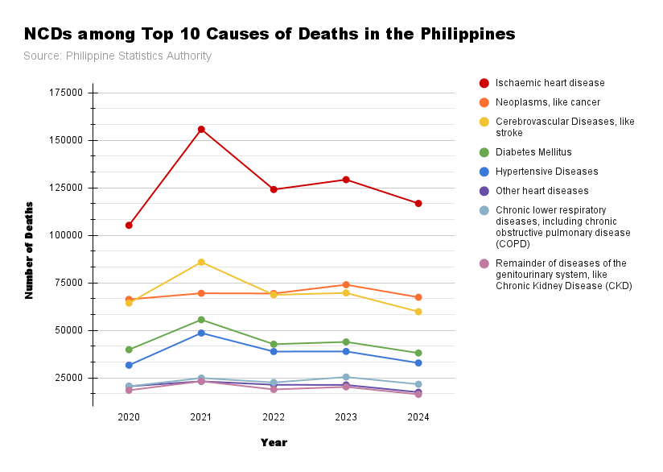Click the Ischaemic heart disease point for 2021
point(201,129)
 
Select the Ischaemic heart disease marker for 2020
point(129,225)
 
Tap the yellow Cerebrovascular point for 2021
point(201,262)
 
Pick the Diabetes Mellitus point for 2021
point(201,320)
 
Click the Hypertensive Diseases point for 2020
point(129,365)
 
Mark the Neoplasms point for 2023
point(346,284)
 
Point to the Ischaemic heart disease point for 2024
point(418,203)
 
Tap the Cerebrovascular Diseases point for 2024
point(418,312)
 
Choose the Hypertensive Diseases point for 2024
point(418,362)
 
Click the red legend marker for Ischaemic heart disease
point(484,83)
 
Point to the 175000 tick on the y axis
point(67,93)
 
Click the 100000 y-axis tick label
point(67,235)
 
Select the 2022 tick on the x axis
point(274,416)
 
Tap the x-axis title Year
point(274,442)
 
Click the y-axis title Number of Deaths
point(29,250)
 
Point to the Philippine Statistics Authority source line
point(117,56)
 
